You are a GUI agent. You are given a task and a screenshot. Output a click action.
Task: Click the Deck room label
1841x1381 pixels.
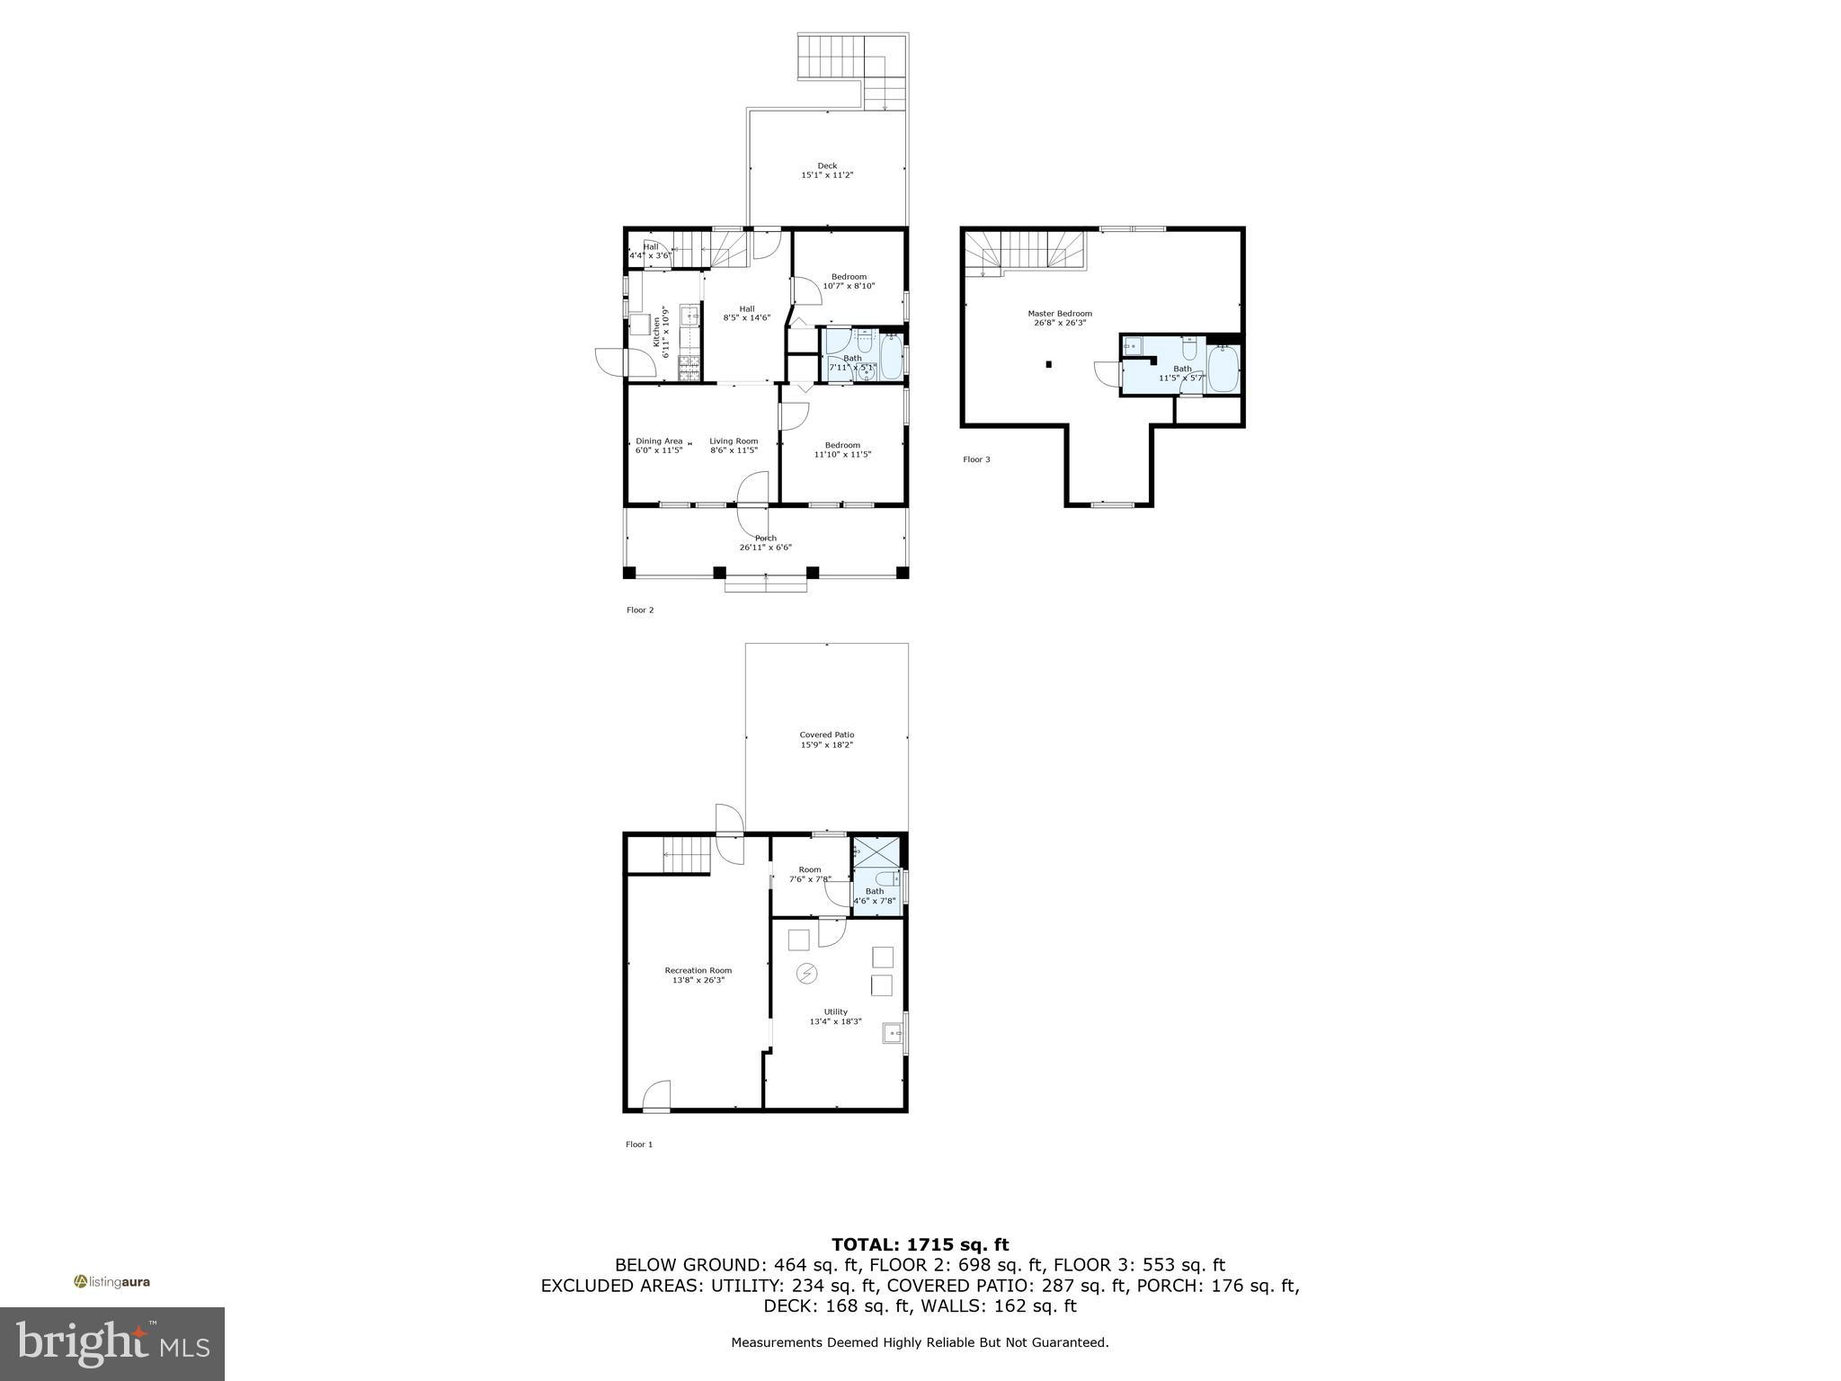827,165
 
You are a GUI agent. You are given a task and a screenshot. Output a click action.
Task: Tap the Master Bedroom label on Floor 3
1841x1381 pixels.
1059,314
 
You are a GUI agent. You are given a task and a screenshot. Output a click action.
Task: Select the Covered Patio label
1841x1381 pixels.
826,735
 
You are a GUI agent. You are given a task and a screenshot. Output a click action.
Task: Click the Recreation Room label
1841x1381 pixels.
698,970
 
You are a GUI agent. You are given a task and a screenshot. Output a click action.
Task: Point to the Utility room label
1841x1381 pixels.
835,1011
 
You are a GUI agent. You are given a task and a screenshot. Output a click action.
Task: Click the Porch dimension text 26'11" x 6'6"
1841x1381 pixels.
765,548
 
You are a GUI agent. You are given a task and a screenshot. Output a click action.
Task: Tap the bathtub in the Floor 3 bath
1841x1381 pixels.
1223,369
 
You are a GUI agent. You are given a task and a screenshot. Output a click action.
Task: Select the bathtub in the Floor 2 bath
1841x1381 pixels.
891,357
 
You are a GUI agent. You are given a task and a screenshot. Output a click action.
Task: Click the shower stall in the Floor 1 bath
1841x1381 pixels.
876,851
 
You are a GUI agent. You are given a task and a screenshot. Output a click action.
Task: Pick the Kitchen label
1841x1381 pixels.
656,332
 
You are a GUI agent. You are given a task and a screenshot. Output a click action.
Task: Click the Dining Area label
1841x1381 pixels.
659,441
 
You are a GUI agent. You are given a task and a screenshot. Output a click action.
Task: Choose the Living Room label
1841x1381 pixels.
734,441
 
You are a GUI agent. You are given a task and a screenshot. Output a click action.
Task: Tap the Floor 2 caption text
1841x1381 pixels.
640,610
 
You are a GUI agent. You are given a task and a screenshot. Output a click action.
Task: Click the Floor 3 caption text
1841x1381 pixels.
976,459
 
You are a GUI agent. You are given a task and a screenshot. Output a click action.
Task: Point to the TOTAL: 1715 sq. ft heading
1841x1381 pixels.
920,1244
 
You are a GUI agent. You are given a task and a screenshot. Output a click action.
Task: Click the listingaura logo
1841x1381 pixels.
111,1281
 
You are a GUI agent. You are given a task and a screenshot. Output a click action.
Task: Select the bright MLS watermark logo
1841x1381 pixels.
112,1343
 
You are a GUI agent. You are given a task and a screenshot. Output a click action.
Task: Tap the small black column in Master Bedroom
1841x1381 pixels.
1049,364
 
